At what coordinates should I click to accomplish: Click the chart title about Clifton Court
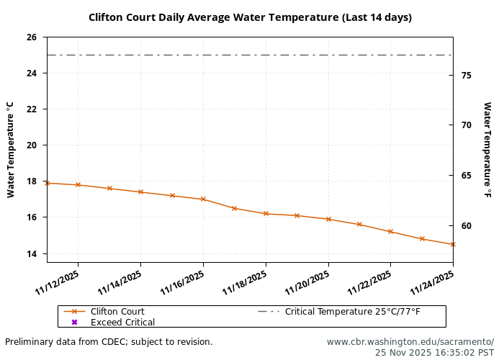250,17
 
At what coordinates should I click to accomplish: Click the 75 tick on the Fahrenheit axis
466,75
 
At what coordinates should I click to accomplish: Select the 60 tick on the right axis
466,226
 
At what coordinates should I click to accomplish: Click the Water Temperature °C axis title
11,150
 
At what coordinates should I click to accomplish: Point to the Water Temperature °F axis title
487,150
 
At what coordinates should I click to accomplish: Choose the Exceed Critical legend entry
122,323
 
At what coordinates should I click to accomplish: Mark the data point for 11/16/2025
203,199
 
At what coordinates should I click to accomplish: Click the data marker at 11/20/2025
328,220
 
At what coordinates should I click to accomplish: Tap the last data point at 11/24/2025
453,244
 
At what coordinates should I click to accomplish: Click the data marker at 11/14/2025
140,192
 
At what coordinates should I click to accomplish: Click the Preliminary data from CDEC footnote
109,342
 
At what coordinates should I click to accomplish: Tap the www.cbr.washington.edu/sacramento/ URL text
410,342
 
